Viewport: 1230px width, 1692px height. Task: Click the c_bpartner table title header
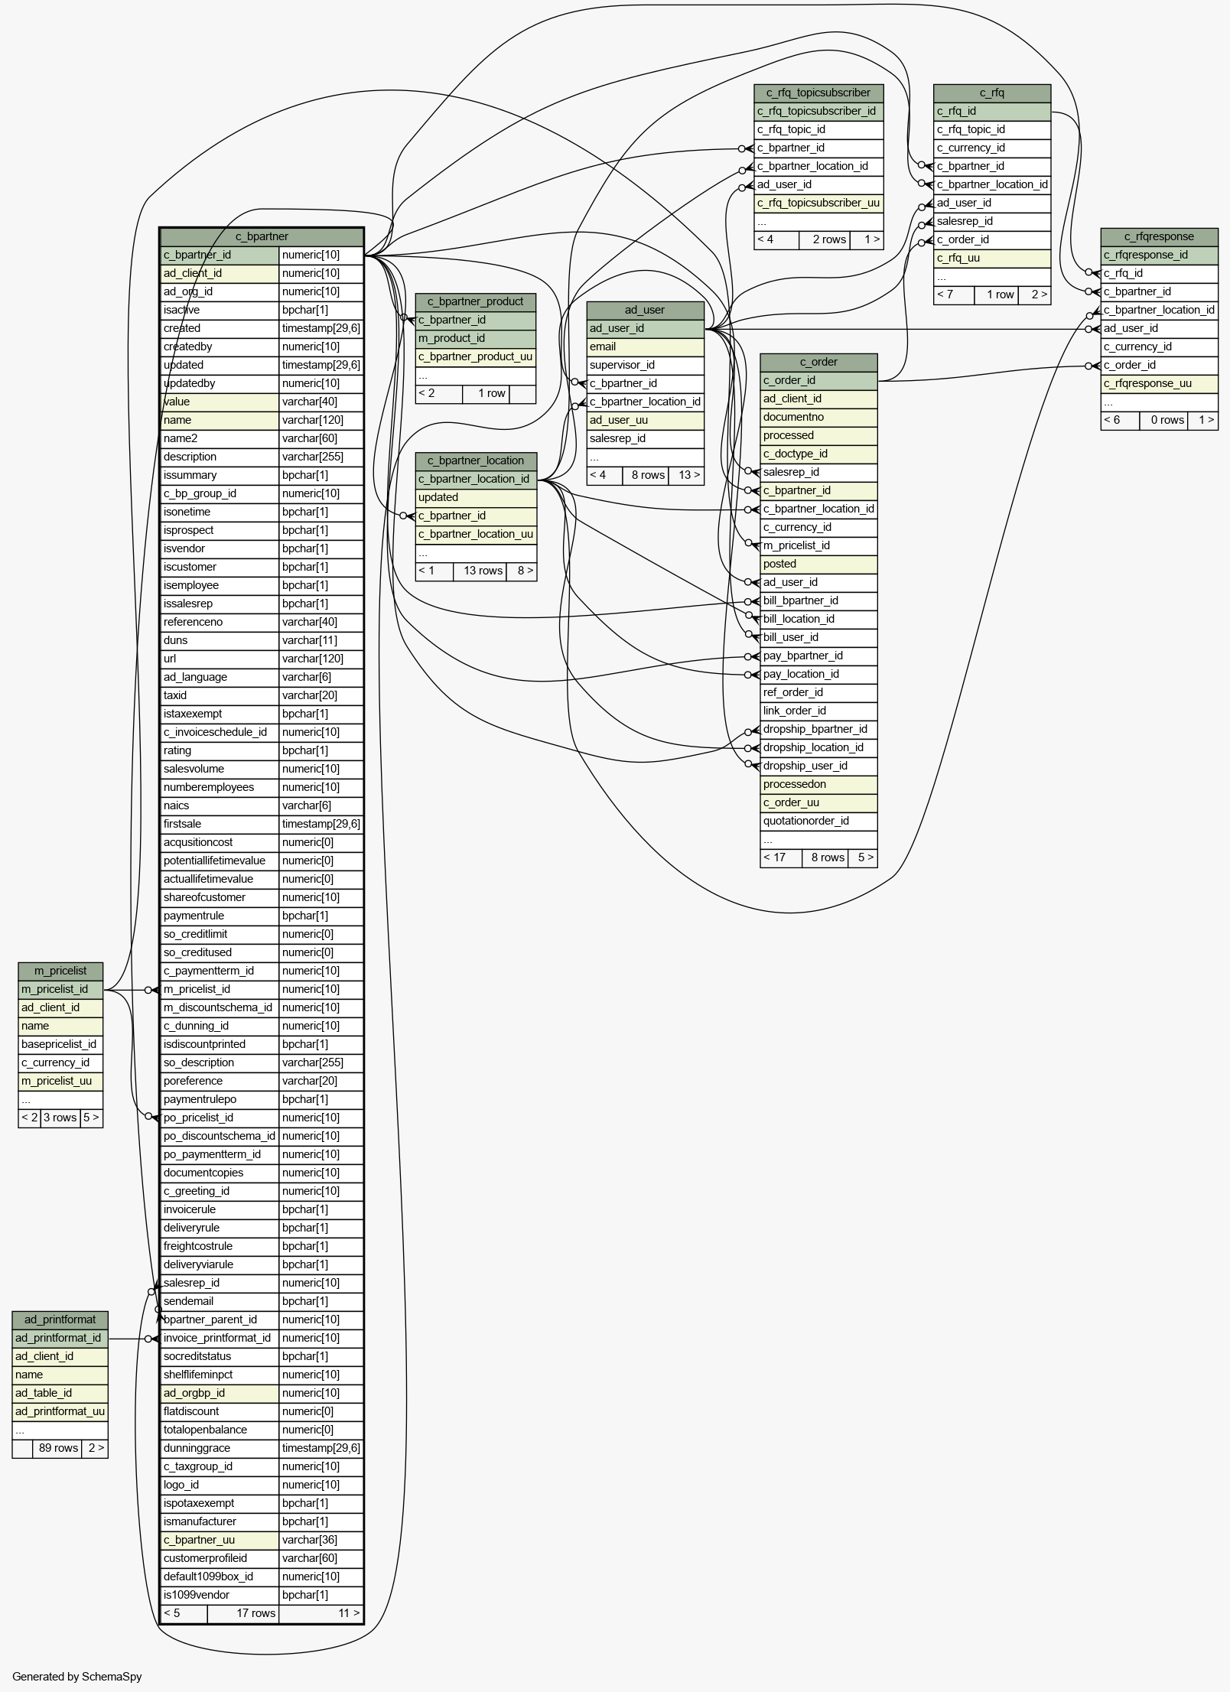click(262, 236)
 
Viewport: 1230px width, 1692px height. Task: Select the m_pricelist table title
click(60, 971)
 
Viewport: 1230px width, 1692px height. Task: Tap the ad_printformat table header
click(60, 1319)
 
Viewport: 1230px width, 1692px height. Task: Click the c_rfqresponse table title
click(1159, 236)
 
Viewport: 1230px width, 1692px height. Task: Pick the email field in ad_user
click(603, 347)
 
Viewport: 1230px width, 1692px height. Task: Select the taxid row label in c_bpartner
click(175, 695)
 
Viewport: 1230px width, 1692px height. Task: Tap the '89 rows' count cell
click(58, 1448)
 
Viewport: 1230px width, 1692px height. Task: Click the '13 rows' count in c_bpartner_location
click(483, 571)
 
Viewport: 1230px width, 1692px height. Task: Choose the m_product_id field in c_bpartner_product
click(451, 338)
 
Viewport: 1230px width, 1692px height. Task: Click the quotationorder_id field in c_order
click(806, 821)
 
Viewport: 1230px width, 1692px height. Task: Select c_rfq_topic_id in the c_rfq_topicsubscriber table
click(791, 129)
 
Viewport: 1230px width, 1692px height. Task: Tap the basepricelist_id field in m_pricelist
click(59, 1044)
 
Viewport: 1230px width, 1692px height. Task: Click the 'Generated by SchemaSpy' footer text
click(77, 1677)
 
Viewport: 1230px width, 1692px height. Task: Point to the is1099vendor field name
click(196, 1595)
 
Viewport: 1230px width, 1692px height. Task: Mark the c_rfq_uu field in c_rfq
click(958, 258)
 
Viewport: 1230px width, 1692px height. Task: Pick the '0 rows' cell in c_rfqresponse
click(1167, 420)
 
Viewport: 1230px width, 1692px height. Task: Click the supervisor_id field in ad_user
click(622, 365)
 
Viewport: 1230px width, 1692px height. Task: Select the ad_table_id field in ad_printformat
click(44, 1393)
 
